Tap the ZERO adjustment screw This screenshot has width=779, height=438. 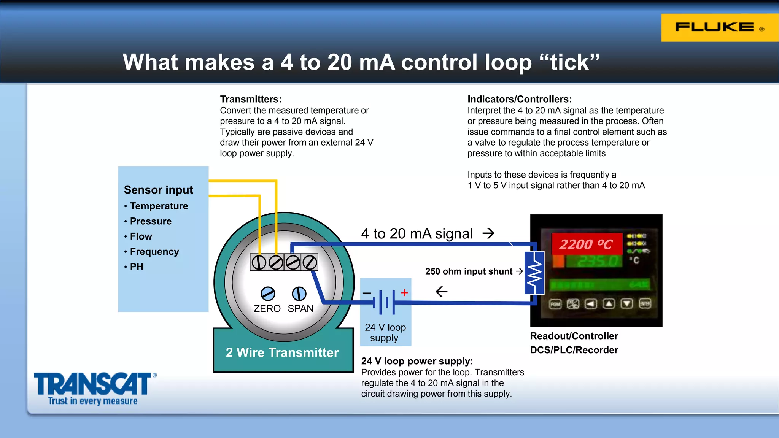(268, 294)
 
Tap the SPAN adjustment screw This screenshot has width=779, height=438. (299, 294)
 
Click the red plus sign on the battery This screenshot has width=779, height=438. (404, 292)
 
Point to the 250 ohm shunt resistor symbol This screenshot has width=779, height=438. (534, 273)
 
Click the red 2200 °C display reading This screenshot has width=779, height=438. (586, 244)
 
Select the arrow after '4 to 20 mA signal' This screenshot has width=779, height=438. (488, 233)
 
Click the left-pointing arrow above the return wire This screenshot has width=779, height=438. (442, 292)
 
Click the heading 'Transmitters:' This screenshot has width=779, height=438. (251, 99)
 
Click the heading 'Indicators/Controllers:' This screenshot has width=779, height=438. (519, 99)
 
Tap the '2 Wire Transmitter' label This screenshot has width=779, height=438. (282, 352)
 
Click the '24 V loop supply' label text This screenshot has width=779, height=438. (385, 332)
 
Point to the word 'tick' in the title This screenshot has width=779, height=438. (569, 62)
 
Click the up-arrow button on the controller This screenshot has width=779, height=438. (609, 304)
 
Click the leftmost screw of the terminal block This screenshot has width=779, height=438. (259, 262)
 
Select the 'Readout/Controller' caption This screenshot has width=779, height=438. (574, 336)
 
